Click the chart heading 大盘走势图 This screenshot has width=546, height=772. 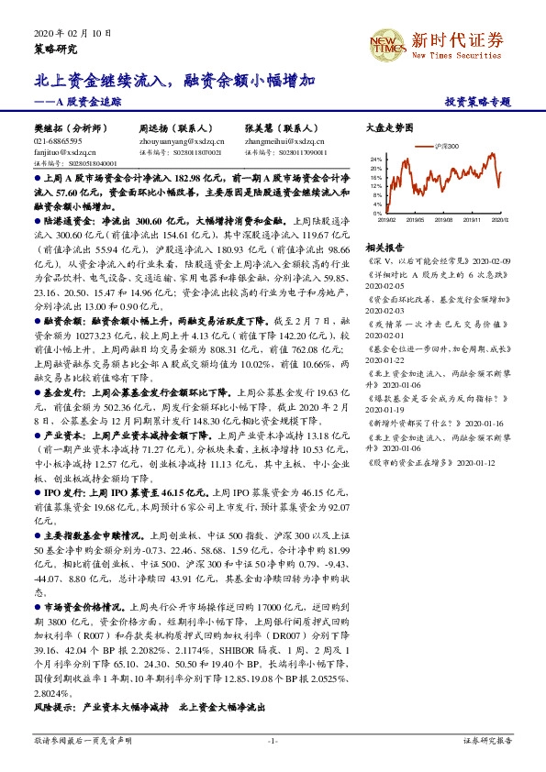tap(384, 128)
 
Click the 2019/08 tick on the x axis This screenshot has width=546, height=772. tap(443, 220)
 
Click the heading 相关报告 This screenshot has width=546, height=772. tap(381, 248)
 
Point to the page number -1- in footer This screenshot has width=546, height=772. tap(273, 740)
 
